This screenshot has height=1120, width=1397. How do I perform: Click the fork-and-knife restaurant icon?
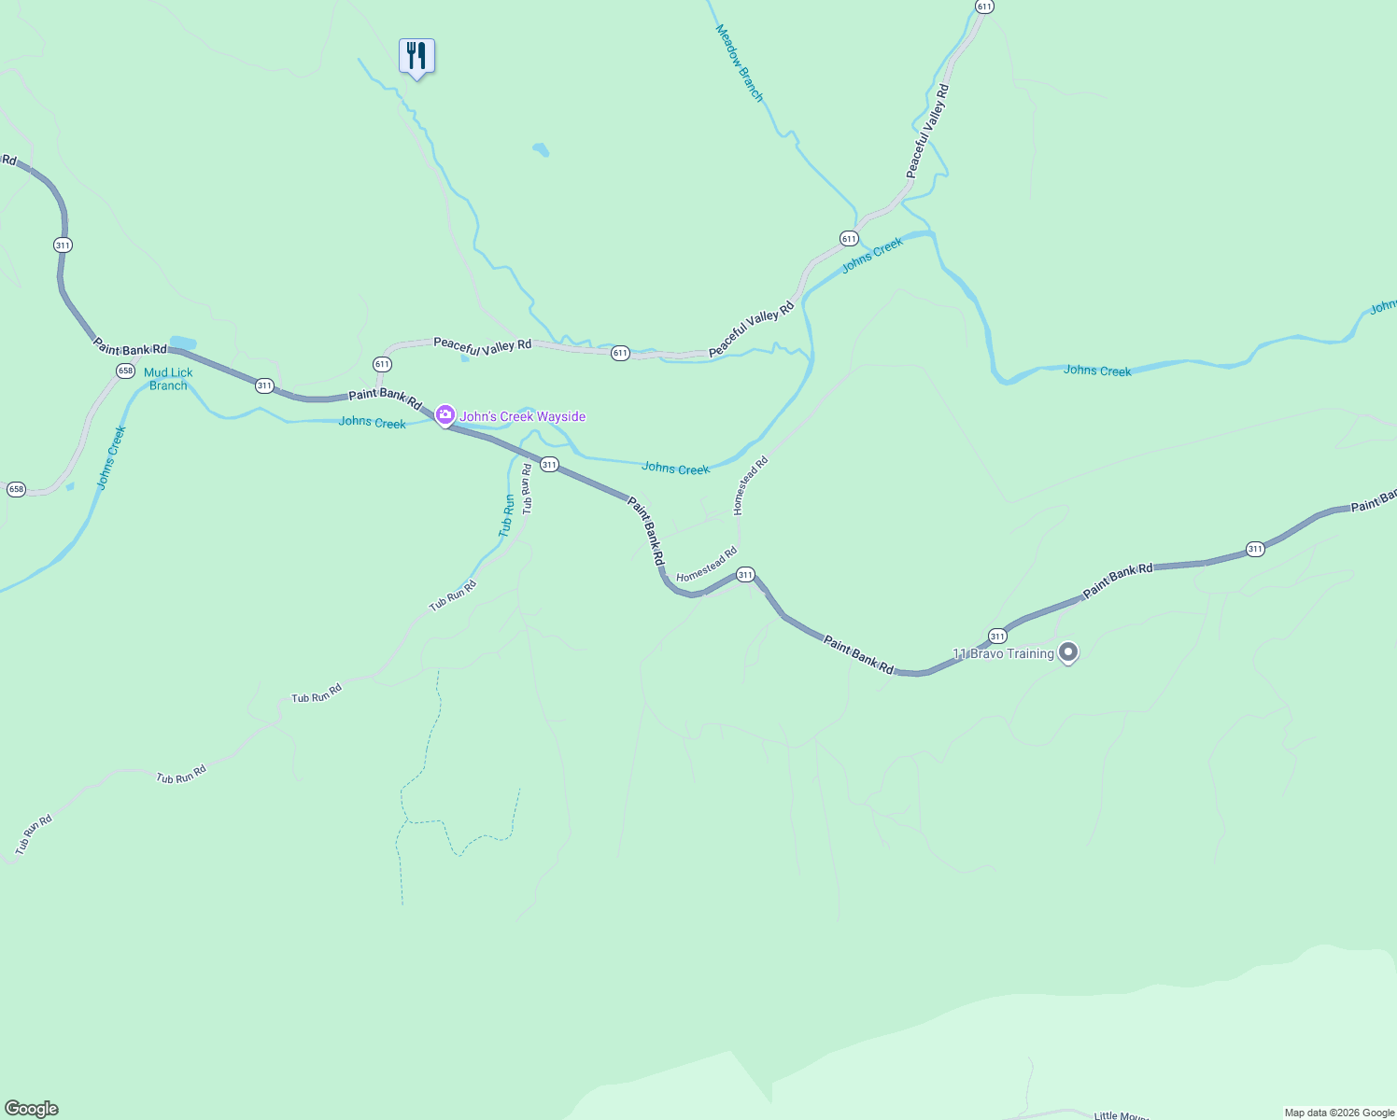click(416, 56)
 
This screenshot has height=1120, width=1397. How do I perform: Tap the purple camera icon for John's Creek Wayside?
click(445, 414)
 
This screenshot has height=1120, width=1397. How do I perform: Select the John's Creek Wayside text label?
click(522, 416)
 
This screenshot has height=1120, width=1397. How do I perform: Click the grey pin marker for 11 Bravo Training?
click(1068, 652)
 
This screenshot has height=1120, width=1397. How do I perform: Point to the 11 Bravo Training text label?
click(1003, 653)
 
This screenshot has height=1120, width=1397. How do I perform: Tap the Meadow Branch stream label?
click(740, 63)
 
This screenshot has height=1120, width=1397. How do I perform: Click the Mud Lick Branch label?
click(168, 379)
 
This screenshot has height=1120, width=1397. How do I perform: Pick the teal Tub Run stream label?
click(507, 515)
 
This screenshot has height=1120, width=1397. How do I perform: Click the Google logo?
click(32, 1109)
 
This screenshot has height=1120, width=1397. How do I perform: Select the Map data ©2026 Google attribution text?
click(1339, 1113)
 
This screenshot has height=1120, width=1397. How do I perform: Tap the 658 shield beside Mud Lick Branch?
click(125, 371)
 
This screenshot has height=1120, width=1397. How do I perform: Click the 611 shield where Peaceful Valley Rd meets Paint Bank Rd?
click(382, 364)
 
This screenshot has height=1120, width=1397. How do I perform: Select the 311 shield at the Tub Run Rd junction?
click(549, 465)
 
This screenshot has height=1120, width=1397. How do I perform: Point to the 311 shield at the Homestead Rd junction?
click(745, 575)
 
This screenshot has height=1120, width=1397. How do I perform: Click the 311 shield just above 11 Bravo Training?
click(997, 637)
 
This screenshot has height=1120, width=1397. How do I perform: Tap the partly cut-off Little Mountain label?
click(1122, 1114)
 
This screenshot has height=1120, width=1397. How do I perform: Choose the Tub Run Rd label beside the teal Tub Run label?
click(528, 489)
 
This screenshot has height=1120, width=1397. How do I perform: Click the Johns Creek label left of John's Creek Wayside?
click(372, 423)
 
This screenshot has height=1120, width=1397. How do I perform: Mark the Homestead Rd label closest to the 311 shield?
click(706, 565)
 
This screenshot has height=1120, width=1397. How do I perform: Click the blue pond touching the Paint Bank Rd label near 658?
click(182, 343)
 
